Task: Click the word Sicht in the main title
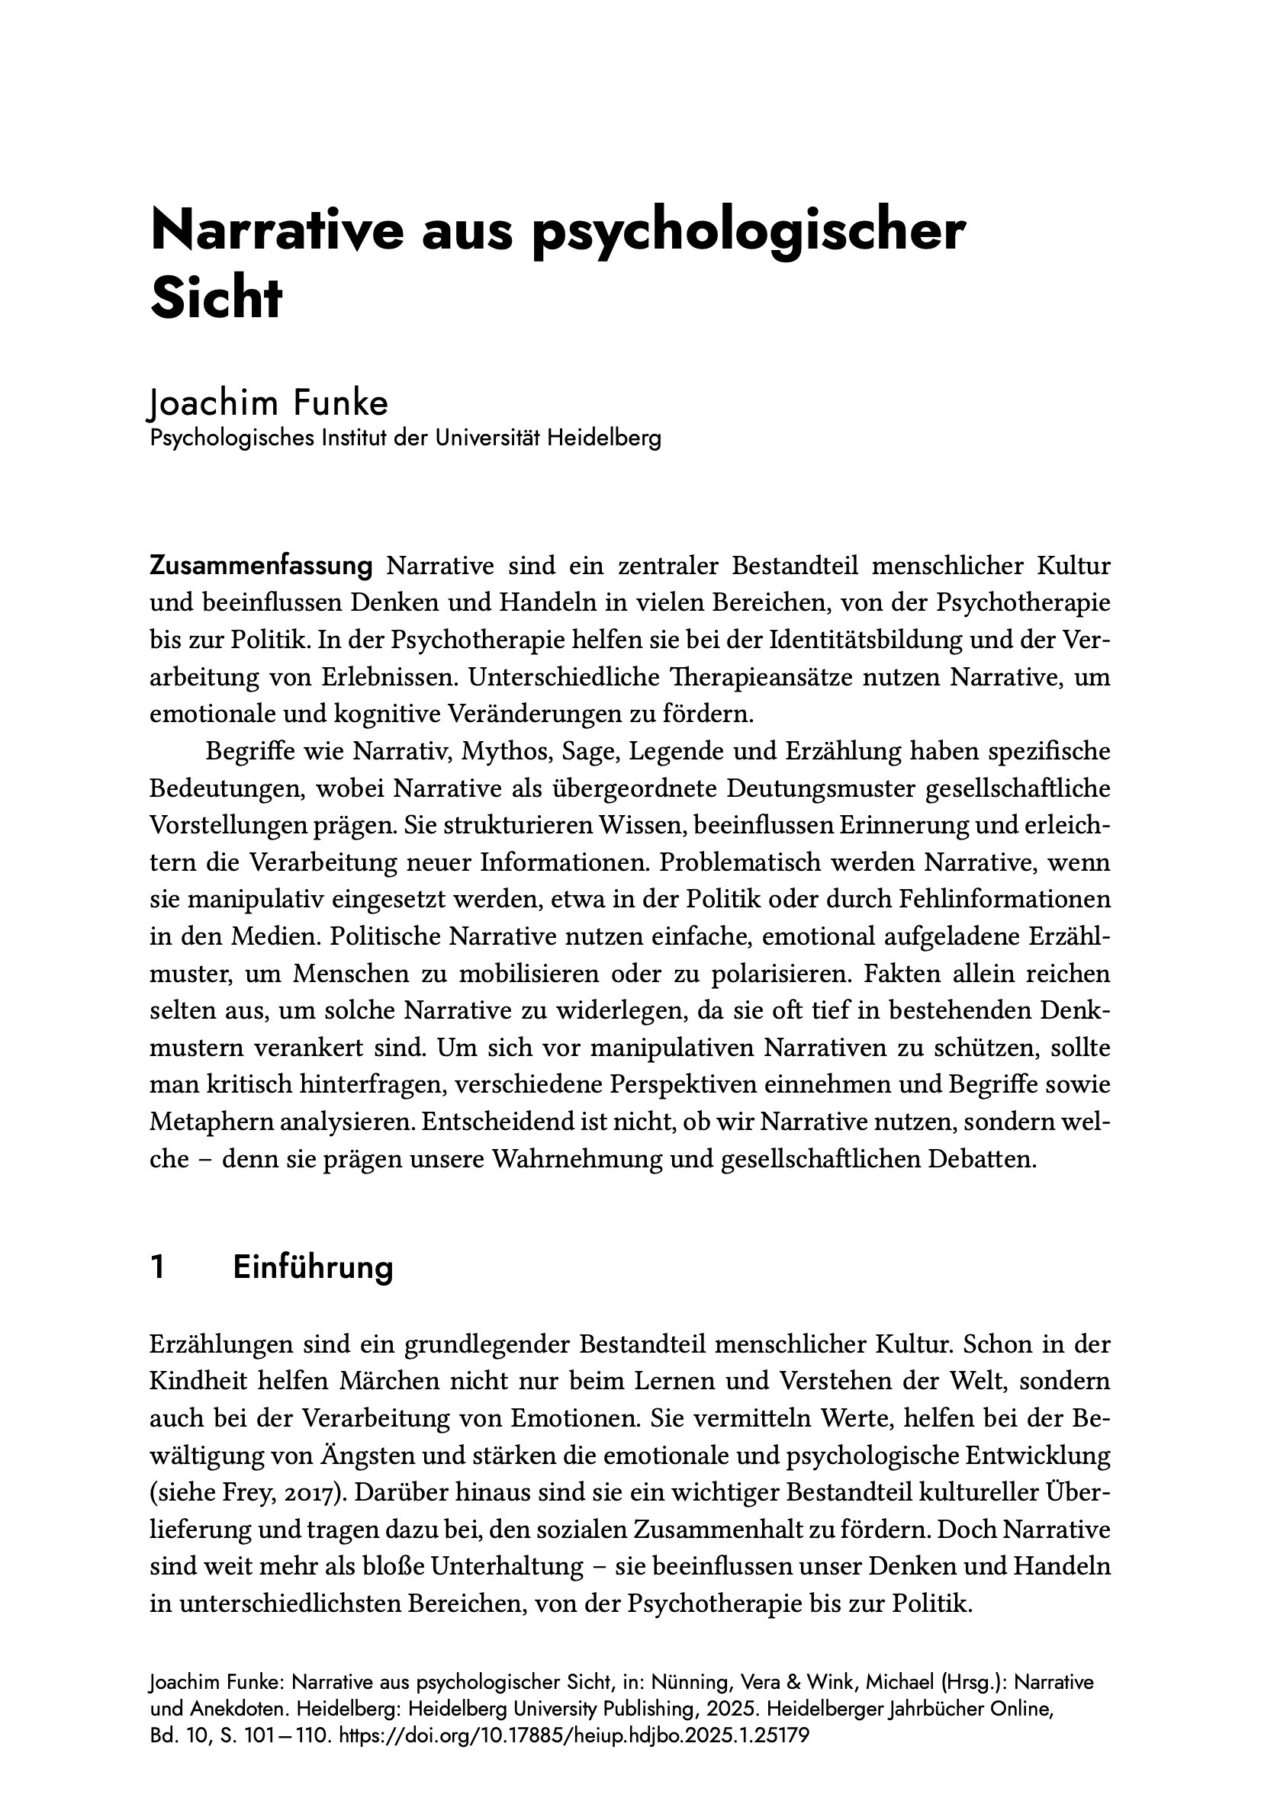click(215, 299)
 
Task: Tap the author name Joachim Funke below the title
click(268, 403)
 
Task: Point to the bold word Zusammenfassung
click(261, 566)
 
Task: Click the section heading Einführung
click(312, 1267)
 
